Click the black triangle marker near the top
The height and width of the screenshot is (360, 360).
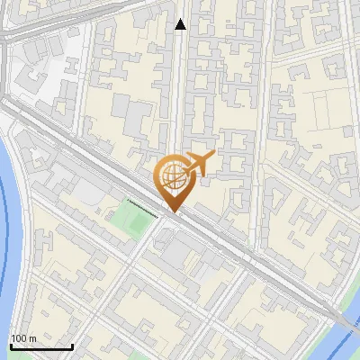[181, 24]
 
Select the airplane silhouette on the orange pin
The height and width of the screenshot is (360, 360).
[199, 165]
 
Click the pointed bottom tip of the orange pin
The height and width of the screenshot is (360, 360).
[175, 212]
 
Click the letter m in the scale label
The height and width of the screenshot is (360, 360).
[32, 338]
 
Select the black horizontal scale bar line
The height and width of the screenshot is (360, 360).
[40, 346]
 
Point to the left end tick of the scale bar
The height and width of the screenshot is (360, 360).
[10, 345]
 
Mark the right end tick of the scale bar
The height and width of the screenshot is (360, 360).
[72, 345]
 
